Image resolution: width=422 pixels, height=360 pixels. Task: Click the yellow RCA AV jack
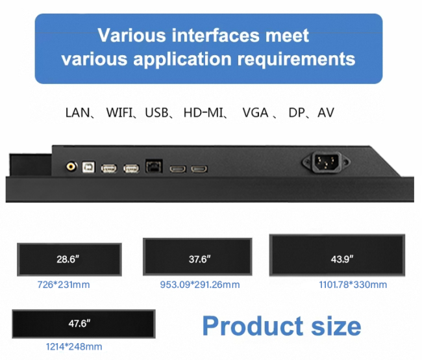71,167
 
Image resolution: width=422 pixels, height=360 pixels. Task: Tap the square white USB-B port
88,168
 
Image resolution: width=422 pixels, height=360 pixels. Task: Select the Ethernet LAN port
154,166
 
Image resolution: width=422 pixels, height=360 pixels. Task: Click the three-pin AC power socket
326,162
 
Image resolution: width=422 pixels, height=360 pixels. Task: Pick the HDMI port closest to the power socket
199,169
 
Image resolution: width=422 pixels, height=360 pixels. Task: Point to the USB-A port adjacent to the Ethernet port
131,169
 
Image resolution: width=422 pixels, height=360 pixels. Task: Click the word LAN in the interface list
77,112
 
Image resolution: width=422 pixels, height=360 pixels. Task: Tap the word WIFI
119,112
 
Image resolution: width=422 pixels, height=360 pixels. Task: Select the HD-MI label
203,112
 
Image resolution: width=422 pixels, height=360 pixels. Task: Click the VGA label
255,112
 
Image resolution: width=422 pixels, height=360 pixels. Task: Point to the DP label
296,112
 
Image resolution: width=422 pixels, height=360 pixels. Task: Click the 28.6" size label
68,259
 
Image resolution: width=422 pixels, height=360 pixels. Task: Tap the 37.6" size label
200,259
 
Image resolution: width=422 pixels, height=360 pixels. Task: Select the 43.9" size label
342,259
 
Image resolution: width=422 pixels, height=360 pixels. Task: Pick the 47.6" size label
79,323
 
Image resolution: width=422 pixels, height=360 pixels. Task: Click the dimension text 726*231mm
64,285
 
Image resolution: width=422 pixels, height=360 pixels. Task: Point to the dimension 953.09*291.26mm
200,285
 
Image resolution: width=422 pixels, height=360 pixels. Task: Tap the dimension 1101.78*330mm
353,285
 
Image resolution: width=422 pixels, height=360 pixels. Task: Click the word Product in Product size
253,326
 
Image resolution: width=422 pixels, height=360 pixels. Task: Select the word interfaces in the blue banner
216,35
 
